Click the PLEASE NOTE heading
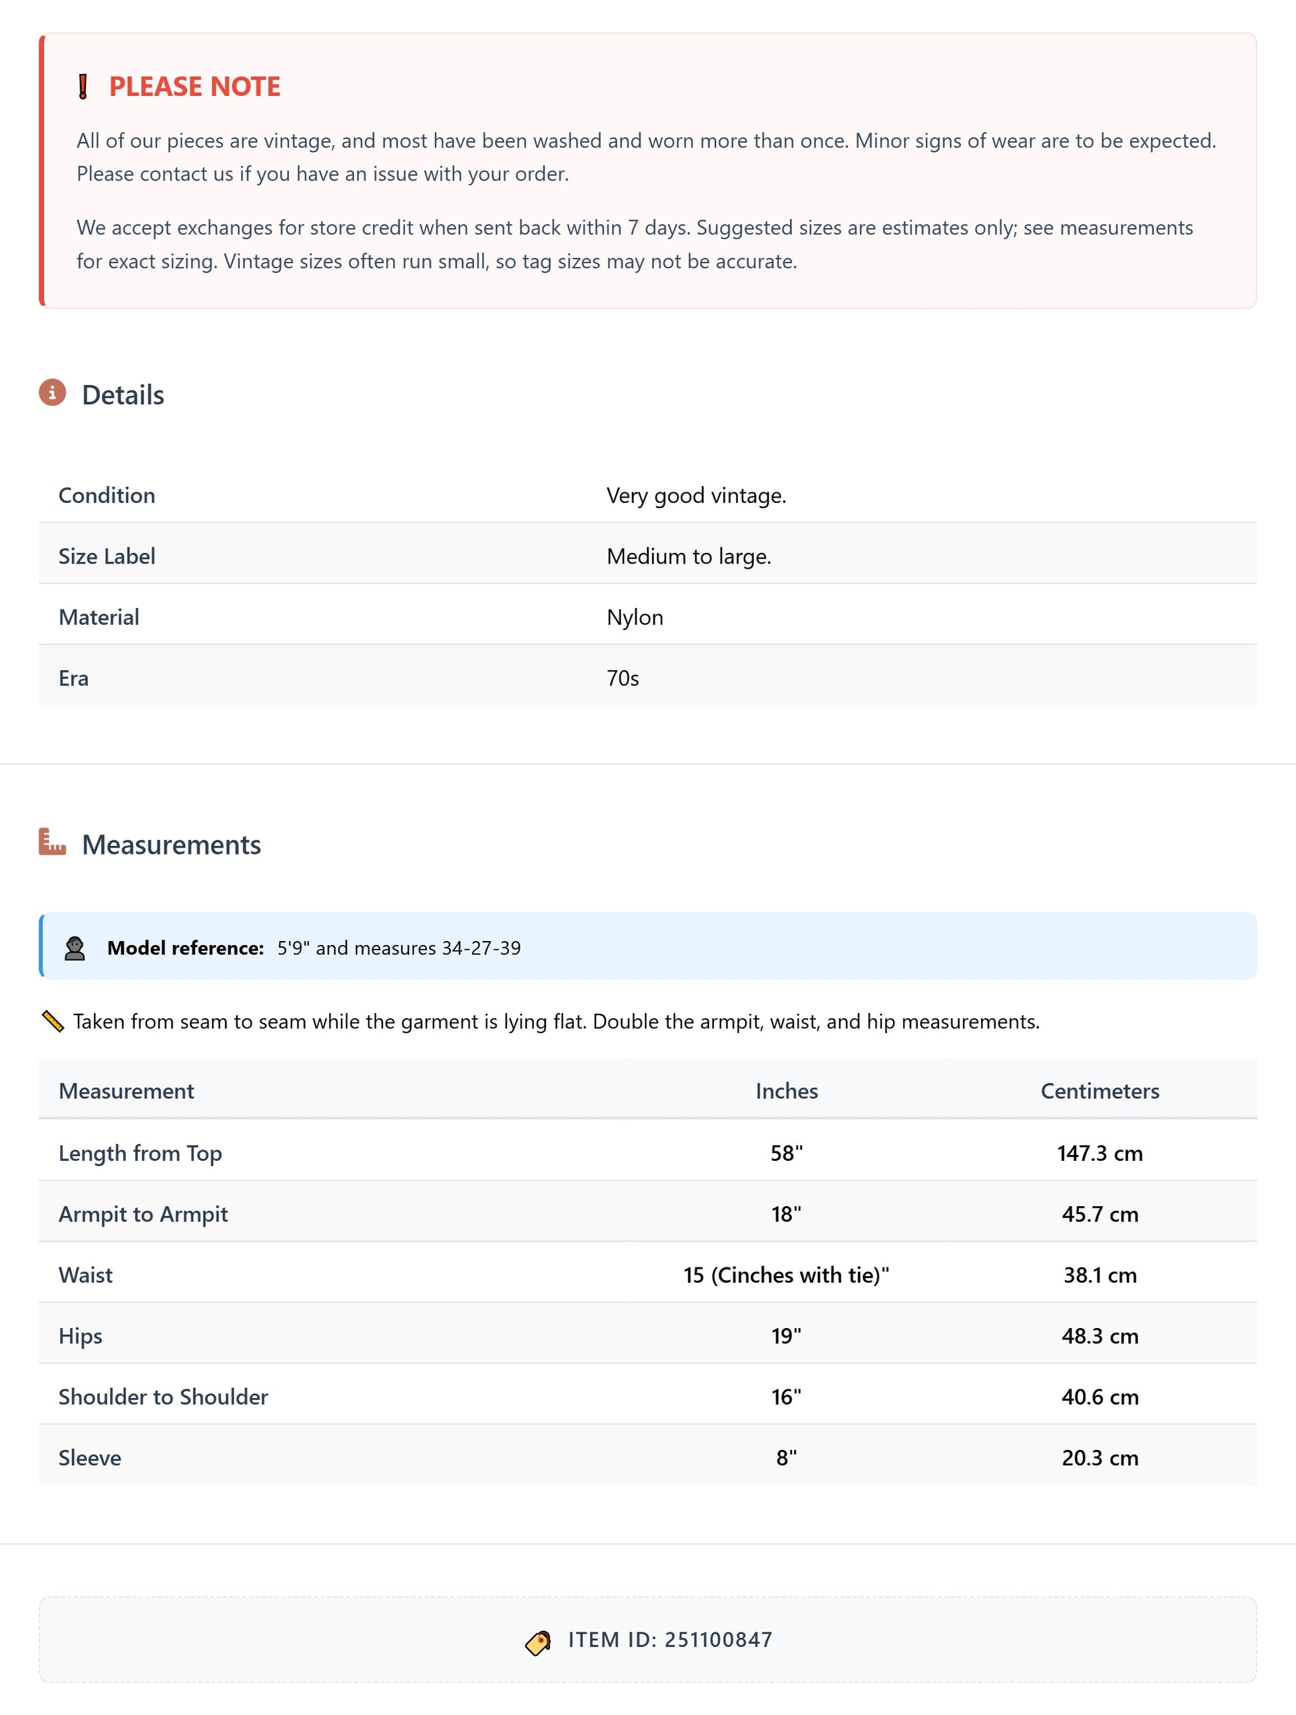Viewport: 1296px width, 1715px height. (x=194, y=86)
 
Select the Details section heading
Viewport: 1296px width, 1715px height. (x=123, y=395)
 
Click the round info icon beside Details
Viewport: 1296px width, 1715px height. (x=52, y=392)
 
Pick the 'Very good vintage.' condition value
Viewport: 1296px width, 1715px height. (x=695, y=496)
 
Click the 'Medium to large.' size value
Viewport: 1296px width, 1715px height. (x=689, y=556)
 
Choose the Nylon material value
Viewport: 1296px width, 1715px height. (x=634, y=617)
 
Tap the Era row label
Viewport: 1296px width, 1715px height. (x=74, y=679)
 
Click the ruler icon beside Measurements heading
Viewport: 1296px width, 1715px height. (x=52, y=842)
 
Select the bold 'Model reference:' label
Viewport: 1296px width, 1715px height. (x=185, y=948)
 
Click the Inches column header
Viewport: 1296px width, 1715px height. (x=786, y=1091)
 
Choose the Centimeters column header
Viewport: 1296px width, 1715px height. (x=1099, y=1091)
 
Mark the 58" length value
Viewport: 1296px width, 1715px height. (x=786, y=1153)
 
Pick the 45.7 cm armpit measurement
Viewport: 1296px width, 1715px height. (x=1099, y=1214)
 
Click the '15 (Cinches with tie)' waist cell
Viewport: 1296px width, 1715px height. (x=785, y=1275)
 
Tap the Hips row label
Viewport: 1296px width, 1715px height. (x=81, y=1336)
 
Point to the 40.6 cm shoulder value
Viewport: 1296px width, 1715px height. (x=1099, y=1397)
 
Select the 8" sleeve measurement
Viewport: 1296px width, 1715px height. (x=786, y=1458)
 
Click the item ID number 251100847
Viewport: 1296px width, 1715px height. (x=718, y=1640)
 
